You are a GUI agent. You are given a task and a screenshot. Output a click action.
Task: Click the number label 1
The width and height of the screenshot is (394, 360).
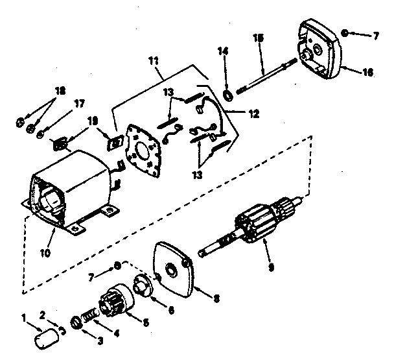pos(25,318)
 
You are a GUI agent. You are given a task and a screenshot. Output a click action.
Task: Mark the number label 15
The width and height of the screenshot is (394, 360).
pos(259,41)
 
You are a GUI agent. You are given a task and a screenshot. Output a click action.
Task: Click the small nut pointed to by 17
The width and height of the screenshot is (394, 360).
pos(41,134)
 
